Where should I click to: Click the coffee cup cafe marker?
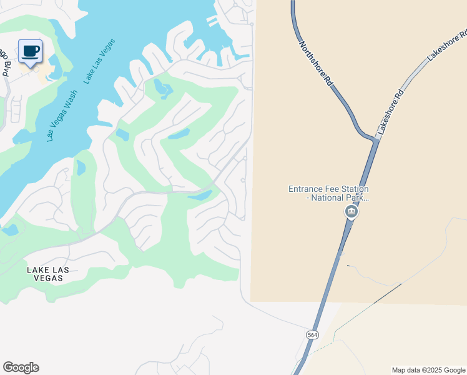[x=30, y=51]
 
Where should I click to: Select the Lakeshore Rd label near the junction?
[x=391, y=113]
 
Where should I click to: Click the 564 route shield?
[x=313, y=336]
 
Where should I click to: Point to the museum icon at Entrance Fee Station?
[x=351, y=212]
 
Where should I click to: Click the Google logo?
[x=21, y=367]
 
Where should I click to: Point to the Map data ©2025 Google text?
[x=428, y=370]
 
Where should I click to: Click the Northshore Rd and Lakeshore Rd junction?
[x=375, y=139]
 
